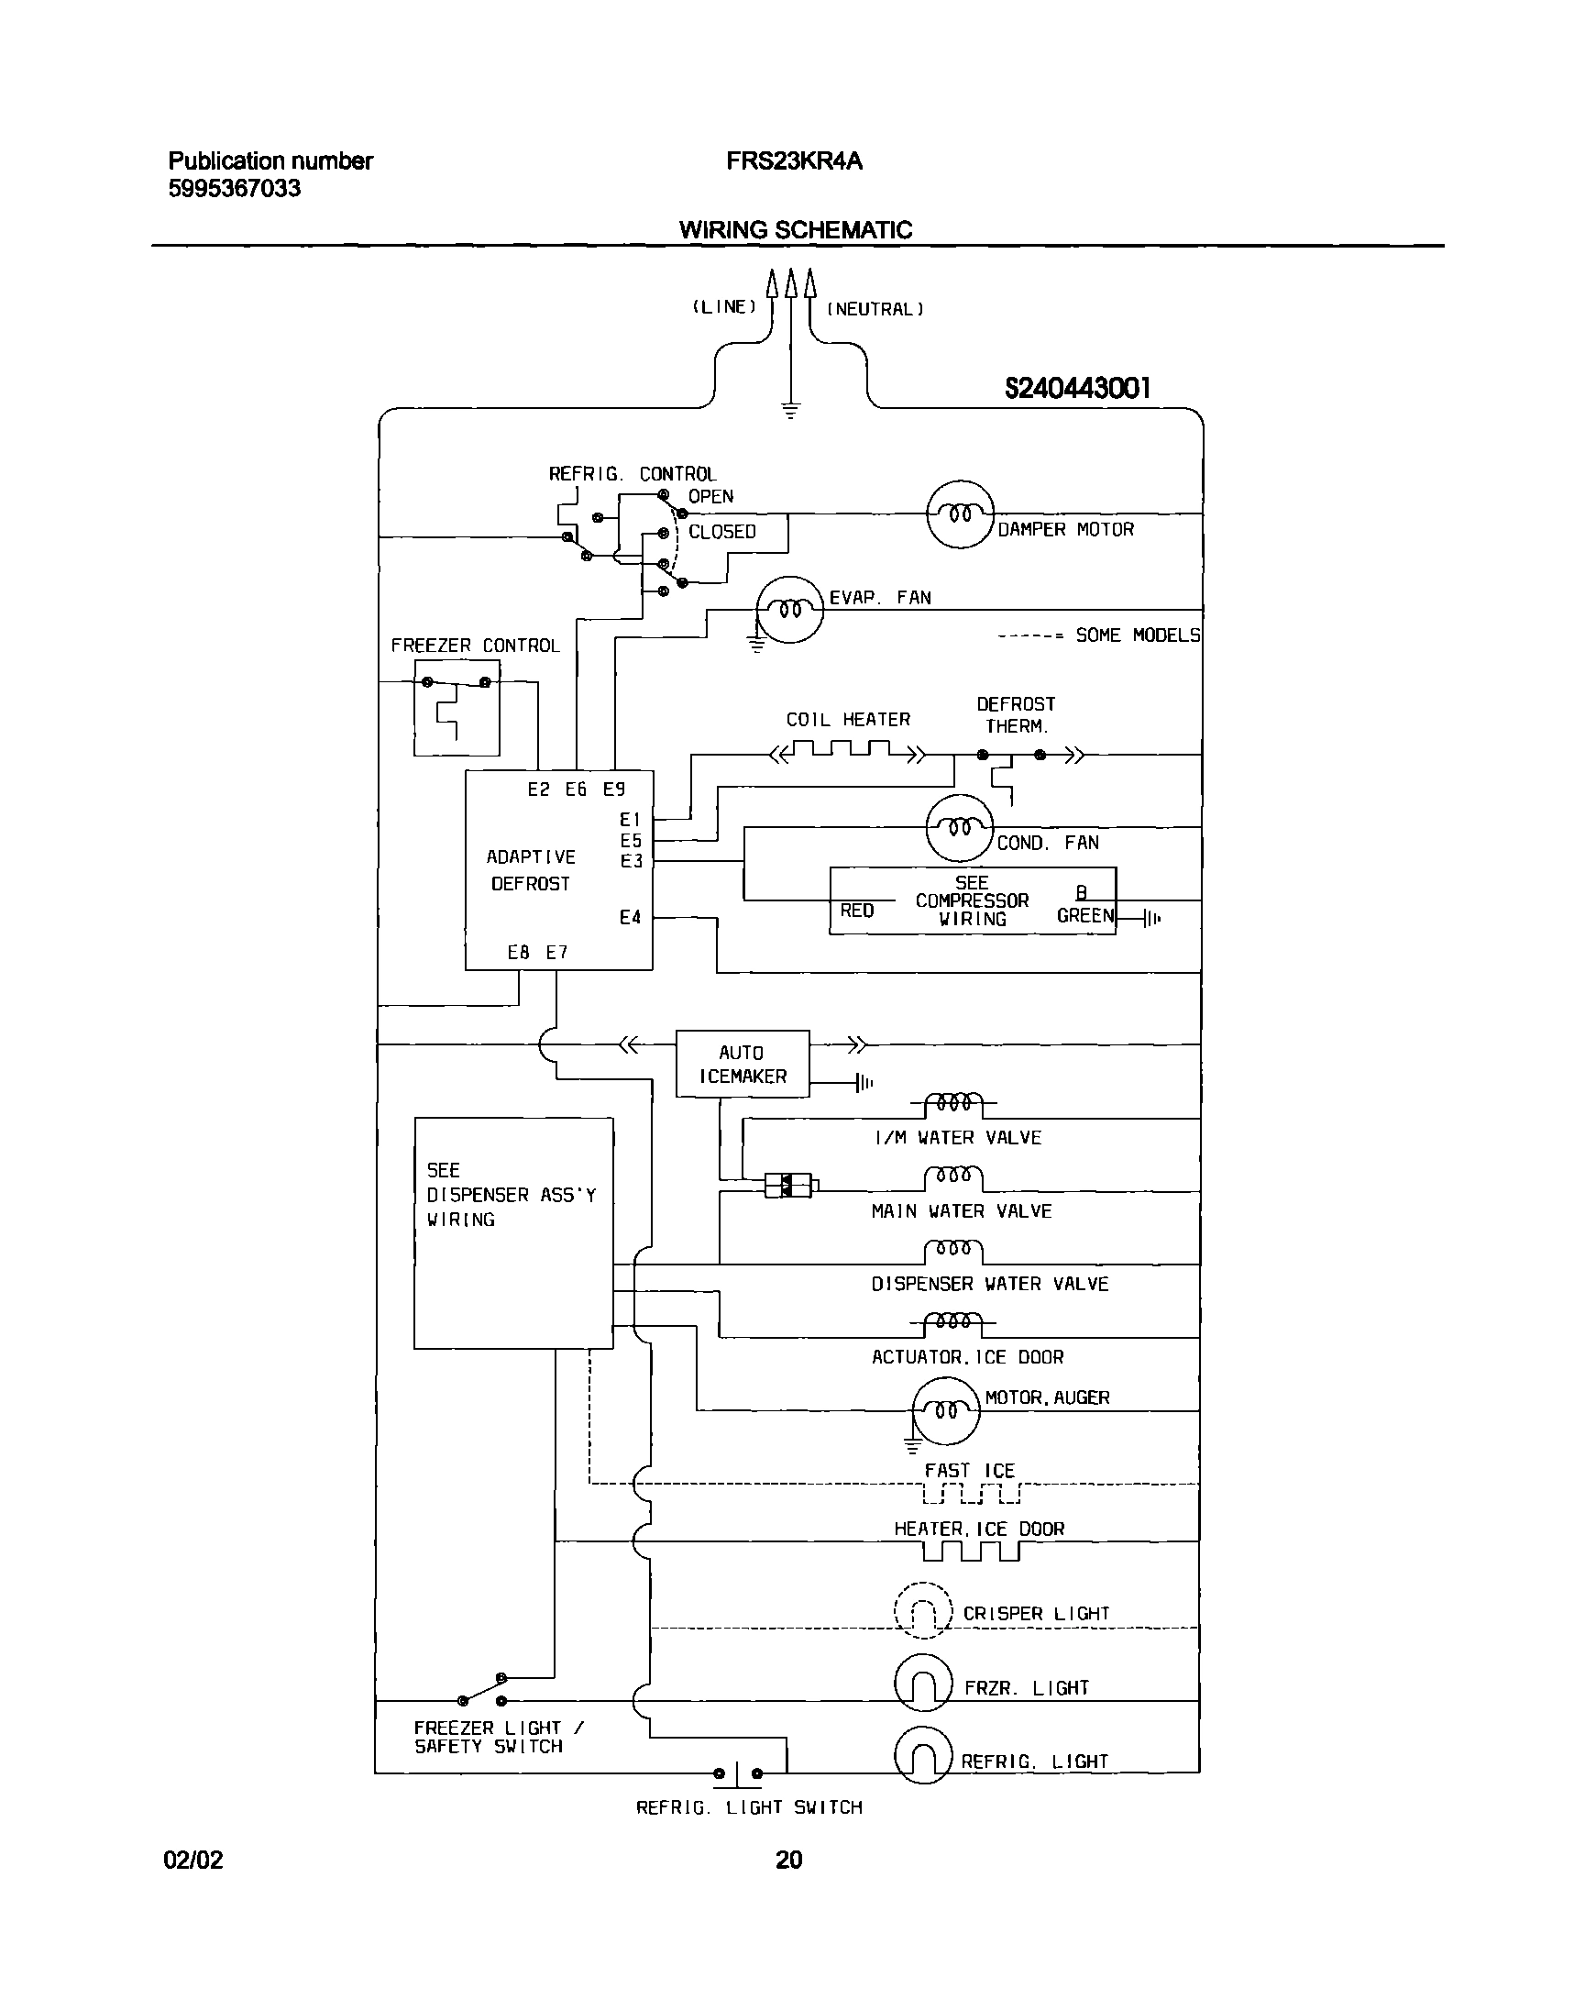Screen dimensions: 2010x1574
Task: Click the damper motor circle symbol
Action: coord(960,514)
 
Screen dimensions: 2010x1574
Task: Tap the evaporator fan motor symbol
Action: coord(789,609)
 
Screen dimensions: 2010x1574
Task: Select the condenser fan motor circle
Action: coord(960,828)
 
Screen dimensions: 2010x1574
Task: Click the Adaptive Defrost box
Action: coord(558,870)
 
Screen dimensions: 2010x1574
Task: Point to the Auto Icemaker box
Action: coord(743,1064)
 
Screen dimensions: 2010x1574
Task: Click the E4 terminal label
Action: coord(631,917)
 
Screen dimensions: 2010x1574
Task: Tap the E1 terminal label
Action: coord(631,819)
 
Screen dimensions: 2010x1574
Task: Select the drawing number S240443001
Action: coord(1076,389)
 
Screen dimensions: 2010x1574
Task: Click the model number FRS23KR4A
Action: coord(794,161)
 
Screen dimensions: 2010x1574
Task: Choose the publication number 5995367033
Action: coord(234,189)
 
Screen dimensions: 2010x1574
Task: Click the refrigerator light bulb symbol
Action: coord(922,1756)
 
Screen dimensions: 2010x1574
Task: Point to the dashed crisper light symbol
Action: coord(922,1610)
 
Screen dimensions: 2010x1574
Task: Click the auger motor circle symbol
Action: coord(945,1410)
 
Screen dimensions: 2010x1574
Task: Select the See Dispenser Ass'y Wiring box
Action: coord(513,1233)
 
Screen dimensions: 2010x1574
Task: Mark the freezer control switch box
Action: coord(457,708)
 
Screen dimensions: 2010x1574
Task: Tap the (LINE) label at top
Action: coord(724,307)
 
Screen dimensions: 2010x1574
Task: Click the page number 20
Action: coord(789,1860)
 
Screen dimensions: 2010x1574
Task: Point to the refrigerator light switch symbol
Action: coord(737,1773)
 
